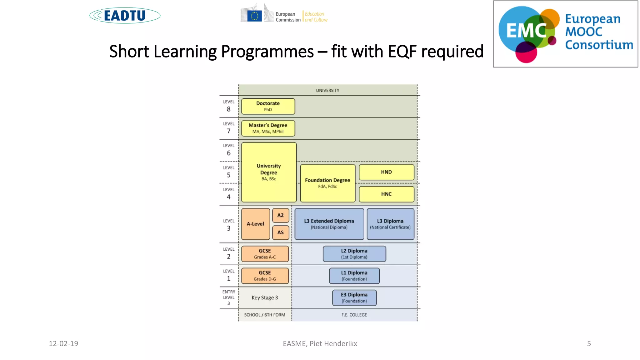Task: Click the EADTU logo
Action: coord(125,16)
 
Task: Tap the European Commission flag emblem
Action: coord(254,16)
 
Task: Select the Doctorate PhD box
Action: coord(268,106)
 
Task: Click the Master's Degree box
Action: coord(268,128)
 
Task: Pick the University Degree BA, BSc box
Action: coord(269,172)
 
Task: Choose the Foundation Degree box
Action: coord(327,183)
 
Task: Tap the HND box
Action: coord(386,172)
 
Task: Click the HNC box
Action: coord(386,194)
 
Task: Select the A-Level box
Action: coord(255,224)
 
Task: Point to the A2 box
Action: coord(280,215)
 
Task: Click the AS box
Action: coord(280,232)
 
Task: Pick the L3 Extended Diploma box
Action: coord(329,224)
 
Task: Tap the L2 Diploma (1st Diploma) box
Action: coord(354,254)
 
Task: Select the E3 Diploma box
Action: coord(354,297)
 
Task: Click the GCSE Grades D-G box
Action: coord(265,276)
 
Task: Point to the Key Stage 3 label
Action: coord(265,297)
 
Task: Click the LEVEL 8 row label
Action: coord(228,106)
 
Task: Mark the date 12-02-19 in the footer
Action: coord(63,343)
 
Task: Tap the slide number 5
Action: coord(589,343)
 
